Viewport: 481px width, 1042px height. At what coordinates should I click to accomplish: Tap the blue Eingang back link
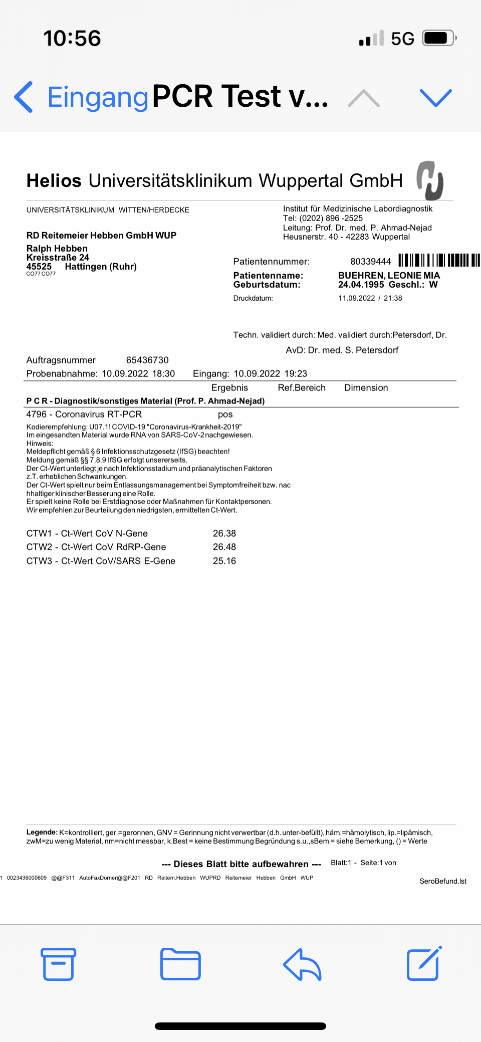click(x=97, y=97)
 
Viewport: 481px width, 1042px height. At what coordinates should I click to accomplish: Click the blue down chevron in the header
click(x=435, y=98)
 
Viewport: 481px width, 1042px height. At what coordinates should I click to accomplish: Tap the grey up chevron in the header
click(x=364, y=98)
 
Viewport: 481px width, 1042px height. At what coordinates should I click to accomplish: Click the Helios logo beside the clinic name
click(x=430, y=180)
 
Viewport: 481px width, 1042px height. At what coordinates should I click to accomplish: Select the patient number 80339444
click(x=370, y=262)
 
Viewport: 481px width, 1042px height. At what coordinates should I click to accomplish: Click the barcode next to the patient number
click(x=439, y=261)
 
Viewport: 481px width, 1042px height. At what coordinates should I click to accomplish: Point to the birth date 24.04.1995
click(x=361, y=285)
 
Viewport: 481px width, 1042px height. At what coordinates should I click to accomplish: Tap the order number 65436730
click(x=147, y=360)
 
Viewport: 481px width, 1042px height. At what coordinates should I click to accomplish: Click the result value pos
click(x=225, y=414)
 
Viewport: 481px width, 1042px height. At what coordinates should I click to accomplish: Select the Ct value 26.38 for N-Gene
click(x=224, y=534)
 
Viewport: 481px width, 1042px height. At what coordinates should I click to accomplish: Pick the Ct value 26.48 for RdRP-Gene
click(x=224, y=547)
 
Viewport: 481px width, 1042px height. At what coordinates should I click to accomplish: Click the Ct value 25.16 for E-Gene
click(x=224, y=561)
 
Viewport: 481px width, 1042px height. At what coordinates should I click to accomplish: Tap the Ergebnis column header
click(x=229, y=388)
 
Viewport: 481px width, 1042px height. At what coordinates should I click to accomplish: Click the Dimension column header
click(x=366, y=388)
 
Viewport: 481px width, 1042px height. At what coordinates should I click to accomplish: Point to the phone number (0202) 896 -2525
click(x=331, y=218)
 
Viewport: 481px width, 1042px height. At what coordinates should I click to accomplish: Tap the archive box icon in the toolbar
click(x=58, y=964)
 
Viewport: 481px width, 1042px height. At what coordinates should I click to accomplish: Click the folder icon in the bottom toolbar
click(x=180, y=964)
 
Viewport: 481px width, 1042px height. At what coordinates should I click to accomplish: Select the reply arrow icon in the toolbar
click(x=302, y=964)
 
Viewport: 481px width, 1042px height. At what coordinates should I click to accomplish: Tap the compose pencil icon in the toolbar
click(x=424, y=963)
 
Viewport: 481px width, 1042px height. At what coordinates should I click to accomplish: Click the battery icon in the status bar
click(x=439, y=38)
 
